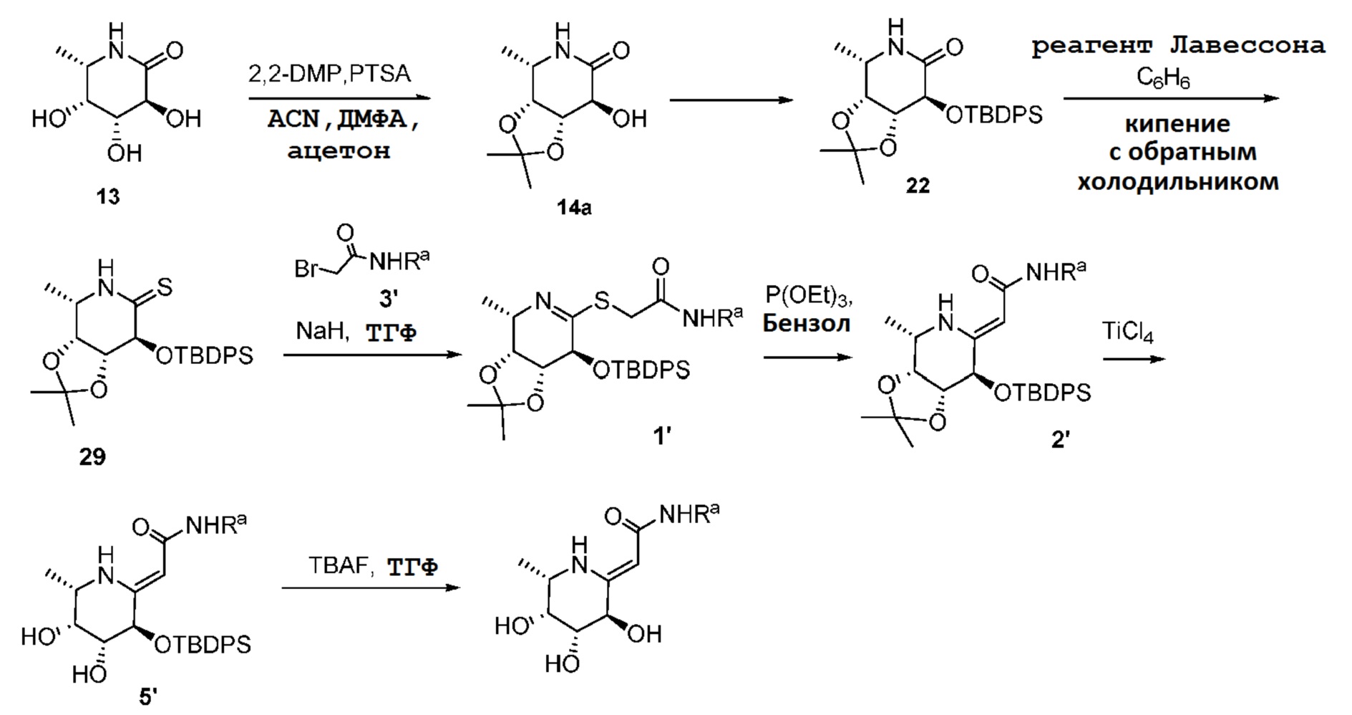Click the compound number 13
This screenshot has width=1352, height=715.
tap(108, 196)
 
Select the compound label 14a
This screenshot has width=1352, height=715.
tap(574, 208)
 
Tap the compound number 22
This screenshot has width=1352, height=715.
tap(918, 186)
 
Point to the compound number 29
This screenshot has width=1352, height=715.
tap(92, 456)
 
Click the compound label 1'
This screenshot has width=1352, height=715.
tap(662, 435)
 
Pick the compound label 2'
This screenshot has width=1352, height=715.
tap(1060, 438)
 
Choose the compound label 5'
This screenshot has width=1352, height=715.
tap(147, 696)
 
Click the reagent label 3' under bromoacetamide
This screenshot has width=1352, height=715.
tap(387, 298)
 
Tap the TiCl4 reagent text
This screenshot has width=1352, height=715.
tap(1127, 333)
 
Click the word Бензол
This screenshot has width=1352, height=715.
tap(806, 324)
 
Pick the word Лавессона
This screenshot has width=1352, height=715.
tap(1247, 46)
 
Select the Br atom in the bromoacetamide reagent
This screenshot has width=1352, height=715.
tap(306, 269)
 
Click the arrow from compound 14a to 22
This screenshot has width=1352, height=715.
tap(731, 100)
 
